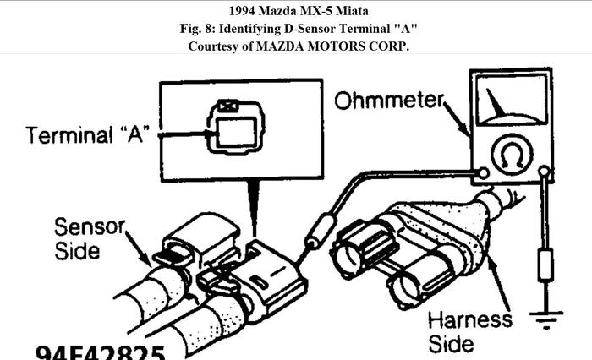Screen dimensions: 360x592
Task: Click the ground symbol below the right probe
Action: point(545,319)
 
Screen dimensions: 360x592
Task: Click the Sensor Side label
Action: point(89,238)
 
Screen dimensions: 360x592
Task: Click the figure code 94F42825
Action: point(100,350)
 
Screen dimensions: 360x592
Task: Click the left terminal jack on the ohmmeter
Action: point(482,173)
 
